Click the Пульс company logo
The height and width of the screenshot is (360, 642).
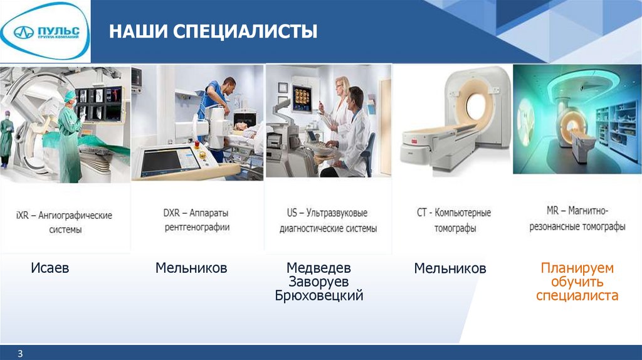[45, 32]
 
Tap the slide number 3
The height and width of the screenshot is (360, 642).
[20, 354]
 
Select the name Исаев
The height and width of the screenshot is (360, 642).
[50, 268]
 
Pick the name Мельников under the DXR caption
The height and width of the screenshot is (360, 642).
[191, 268]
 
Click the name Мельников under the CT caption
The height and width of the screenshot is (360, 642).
[450, 268]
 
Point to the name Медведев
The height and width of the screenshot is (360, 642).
[318, 268]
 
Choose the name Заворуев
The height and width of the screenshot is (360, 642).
[318, 282]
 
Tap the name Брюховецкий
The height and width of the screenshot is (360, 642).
[319, 295]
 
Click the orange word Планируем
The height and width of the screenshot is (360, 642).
[577, 268]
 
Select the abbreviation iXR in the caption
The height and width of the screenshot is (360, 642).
[22, 215]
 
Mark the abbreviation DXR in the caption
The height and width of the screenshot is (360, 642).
[171, 213]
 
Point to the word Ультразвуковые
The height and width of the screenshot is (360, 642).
[337, 213]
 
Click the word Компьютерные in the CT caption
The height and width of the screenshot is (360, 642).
[463, 213]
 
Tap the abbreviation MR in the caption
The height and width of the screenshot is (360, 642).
[552, 211]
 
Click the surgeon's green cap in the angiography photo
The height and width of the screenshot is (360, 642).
[70, 95]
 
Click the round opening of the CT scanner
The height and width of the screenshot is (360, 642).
[476, 105]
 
